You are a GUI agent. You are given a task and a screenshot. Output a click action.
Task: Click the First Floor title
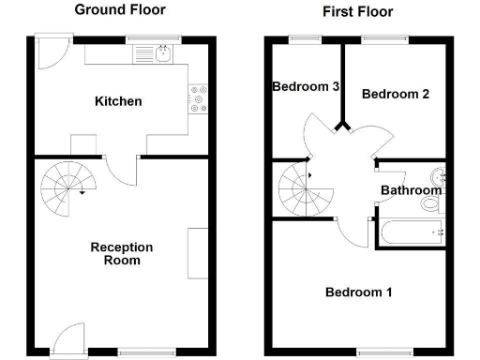(357, 12)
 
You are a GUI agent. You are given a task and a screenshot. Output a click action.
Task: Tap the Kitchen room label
(118, 101)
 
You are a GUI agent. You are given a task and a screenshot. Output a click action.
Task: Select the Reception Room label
(121, 254)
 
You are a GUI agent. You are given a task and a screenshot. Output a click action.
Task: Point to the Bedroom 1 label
(358, 292)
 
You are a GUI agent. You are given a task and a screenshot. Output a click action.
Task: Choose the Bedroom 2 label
(396, 94)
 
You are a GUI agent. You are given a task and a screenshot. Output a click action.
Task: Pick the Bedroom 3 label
(306, 87)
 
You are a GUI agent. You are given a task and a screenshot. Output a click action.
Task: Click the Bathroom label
(410, 191)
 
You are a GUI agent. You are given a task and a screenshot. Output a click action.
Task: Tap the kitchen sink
(162, 54)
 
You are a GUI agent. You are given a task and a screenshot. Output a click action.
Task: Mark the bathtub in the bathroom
(409, 232)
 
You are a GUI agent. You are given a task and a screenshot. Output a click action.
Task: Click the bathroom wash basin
(438, 175)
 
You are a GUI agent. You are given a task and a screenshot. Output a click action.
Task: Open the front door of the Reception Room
(68, 340)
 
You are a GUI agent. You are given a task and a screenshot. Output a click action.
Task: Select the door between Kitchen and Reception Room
(120, 170)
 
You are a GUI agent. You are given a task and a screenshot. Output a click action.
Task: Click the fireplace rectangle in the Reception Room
(198, 252)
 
